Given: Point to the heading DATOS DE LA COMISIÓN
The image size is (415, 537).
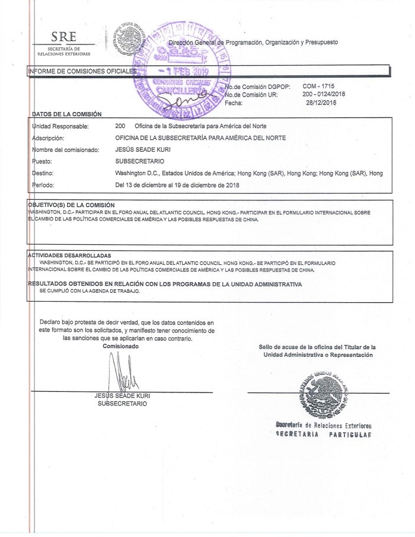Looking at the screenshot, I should [66, 114].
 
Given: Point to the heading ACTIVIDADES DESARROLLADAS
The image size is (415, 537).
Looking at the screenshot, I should [69, 255].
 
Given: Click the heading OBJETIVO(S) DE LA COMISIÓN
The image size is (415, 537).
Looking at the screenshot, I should [71, 204].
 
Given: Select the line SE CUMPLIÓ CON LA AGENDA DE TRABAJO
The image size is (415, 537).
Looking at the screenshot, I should [90, 291].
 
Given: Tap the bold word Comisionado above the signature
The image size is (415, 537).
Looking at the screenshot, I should [120, 345].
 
